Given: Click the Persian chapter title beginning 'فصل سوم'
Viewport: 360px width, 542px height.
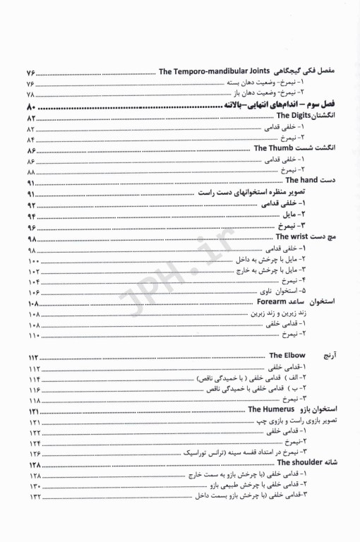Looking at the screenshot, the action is (282, 106).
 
